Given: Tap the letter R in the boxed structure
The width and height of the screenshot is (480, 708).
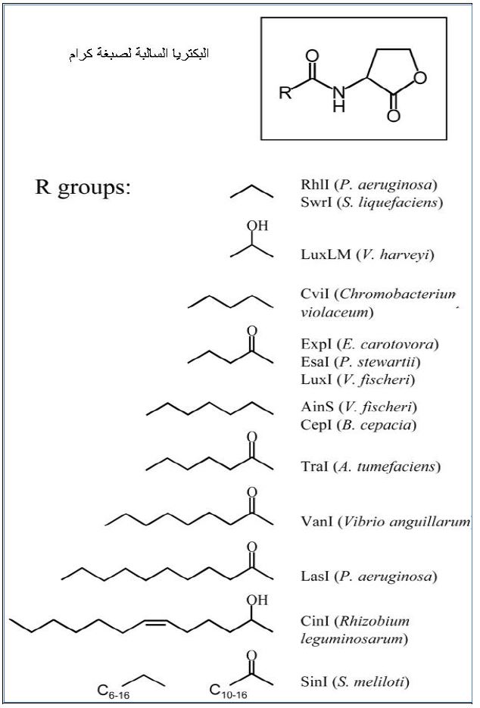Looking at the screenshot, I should click(284, 94).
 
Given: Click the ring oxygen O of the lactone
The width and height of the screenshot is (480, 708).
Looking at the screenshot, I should click(421, 78).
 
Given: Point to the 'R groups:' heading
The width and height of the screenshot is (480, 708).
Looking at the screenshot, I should click(83, 187).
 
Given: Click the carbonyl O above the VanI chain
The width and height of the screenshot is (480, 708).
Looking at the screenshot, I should click(252, 492).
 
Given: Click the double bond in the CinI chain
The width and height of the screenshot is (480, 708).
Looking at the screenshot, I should click(155, 623).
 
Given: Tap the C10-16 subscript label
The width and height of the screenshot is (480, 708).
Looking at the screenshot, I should click(227, 690).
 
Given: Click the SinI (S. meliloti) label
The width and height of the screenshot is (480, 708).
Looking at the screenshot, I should click(355, 682).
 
